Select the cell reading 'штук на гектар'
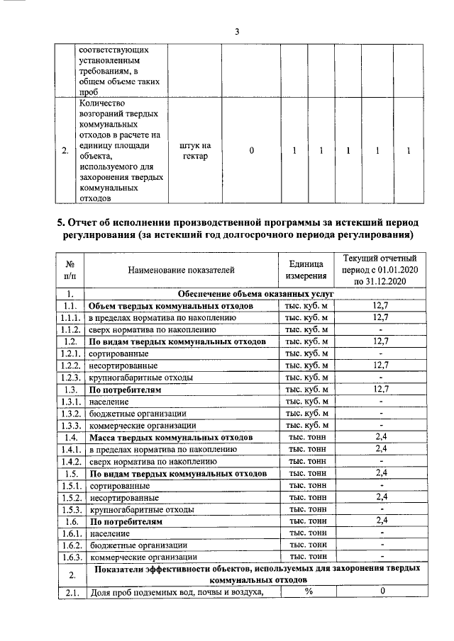[x=194, y=151]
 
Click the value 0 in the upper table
[x=251, y=151]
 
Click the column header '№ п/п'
[x=70, y=269]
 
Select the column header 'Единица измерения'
[x=306, y=269]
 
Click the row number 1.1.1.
[x=70, y=317]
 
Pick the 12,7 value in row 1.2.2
[x=382, y=365]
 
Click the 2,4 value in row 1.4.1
[x=382, y=449]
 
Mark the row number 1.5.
[x=70, y=473]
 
